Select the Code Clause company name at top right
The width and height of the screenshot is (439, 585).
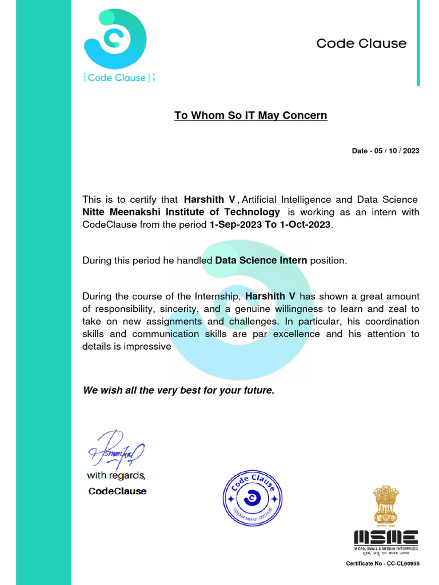click(361, 43)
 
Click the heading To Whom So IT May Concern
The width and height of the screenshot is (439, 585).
click(250, 115)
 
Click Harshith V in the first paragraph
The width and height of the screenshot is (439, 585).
click(209, 199)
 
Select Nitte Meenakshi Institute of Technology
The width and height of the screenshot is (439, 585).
click(181, 212)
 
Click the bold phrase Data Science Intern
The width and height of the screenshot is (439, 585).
click(261, 261)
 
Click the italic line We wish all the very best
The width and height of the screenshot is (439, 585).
click(179, 391)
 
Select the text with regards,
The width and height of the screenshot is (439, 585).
click(116, 475)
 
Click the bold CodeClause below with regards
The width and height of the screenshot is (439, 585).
click(117, 491)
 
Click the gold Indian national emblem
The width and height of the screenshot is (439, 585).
click(386, 506)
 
